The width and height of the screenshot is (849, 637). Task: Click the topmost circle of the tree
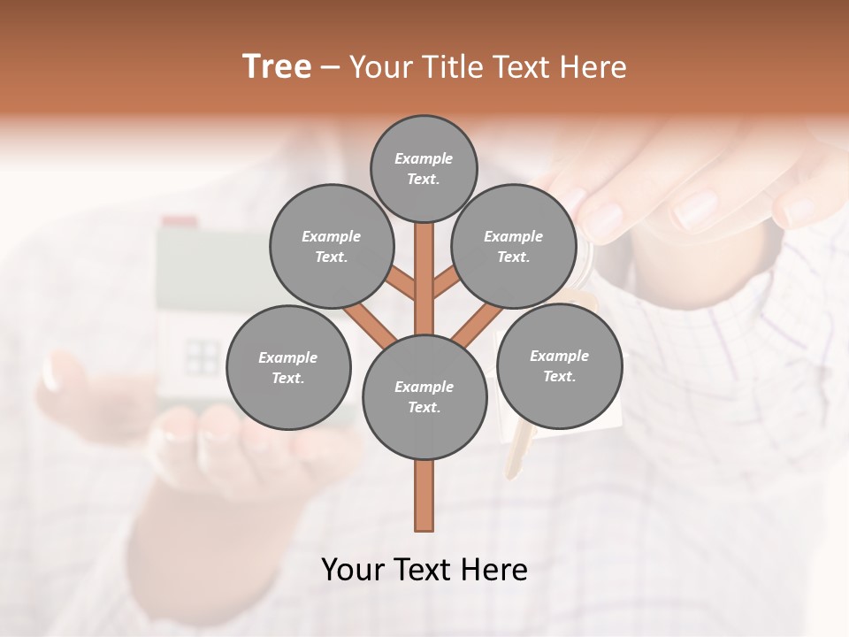[x=424, y=168]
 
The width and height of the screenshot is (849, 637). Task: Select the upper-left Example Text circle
[x=331, y=246]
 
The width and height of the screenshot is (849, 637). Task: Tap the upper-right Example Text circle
[x=514, y=246]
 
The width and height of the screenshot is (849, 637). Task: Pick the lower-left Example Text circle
[x=288, y=367]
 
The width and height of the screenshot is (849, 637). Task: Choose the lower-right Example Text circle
[x=559, y=365]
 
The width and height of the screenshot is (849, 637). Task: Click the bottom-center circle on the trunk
[x=424, y=396]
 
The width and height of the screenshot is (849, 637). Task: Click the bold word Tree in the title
[x=277, y=67]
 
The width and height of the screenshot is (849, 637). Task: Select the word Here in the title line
[x=596, y=67]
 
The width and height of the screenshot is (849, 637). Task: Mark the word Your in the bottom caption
[x=354, y=570]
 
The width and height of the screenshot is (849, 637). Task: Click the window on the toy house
[x=202, y=357]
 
